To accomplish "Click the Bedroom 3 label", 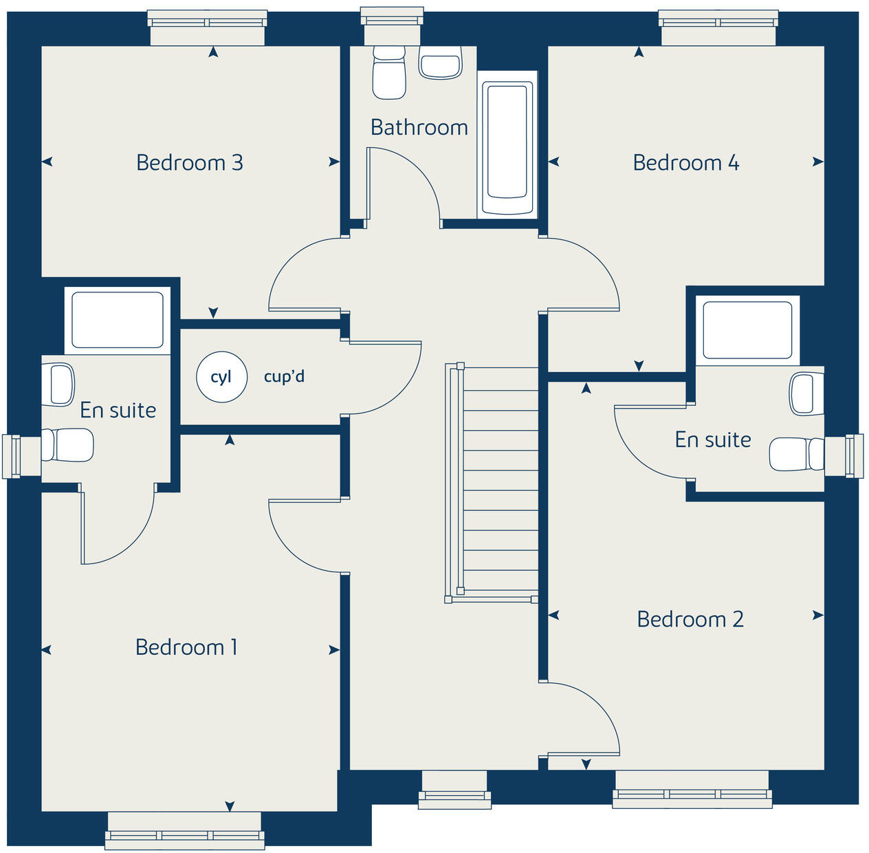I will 190,163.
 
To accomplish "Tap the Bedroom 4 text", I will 685,163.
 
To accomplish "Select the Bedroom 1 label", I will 186,647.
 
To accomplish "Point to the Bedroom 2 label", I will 690,619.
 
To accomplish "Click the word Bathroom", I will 419,127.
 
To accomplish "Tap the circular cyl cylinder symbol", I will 221,377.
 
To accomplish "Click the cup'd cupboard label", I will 284,377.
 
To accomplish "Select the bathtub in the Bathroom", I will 507,148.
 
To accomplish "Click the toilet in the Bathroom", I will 388,72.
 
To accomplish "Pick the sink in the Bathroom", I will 440,64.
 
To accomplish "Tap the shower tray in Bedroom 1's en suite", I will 118,320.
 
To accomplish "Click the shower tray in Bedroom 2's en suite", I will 747,330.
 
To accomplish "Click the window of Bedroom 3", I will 208,28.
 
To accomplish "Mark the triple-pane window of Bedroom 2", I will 692,788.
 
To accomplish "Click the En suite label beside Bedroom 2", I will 712,440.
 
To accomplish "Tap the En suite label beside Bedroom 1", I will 118,410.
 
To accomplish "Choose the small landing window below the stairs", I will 454,788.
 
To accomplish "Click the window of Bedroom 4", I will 718,28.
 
